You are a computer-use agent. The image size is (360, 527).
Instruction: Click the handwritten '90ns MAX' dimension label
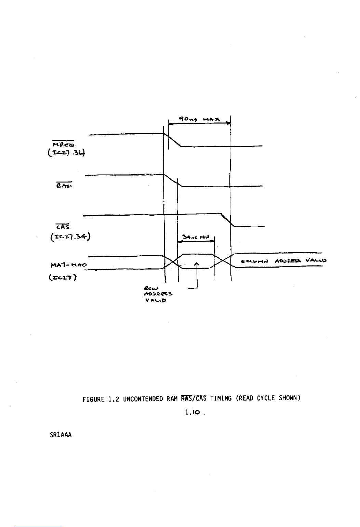[200, 119]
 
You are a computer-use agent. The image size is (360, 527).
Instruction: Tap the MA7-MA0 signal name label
[67, 260]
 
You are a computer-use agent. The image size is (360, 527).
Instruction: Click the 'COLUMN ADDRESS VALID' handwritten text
[284, 261]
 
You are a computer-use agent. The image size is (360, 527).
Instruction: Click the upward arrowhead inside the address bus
[197, 264]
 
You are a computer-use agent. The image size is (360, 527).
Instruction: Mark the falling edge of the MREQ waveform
[173, 140]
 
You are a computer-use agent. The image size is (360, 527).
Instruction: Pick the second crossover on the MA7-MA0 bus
[222, 262]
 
